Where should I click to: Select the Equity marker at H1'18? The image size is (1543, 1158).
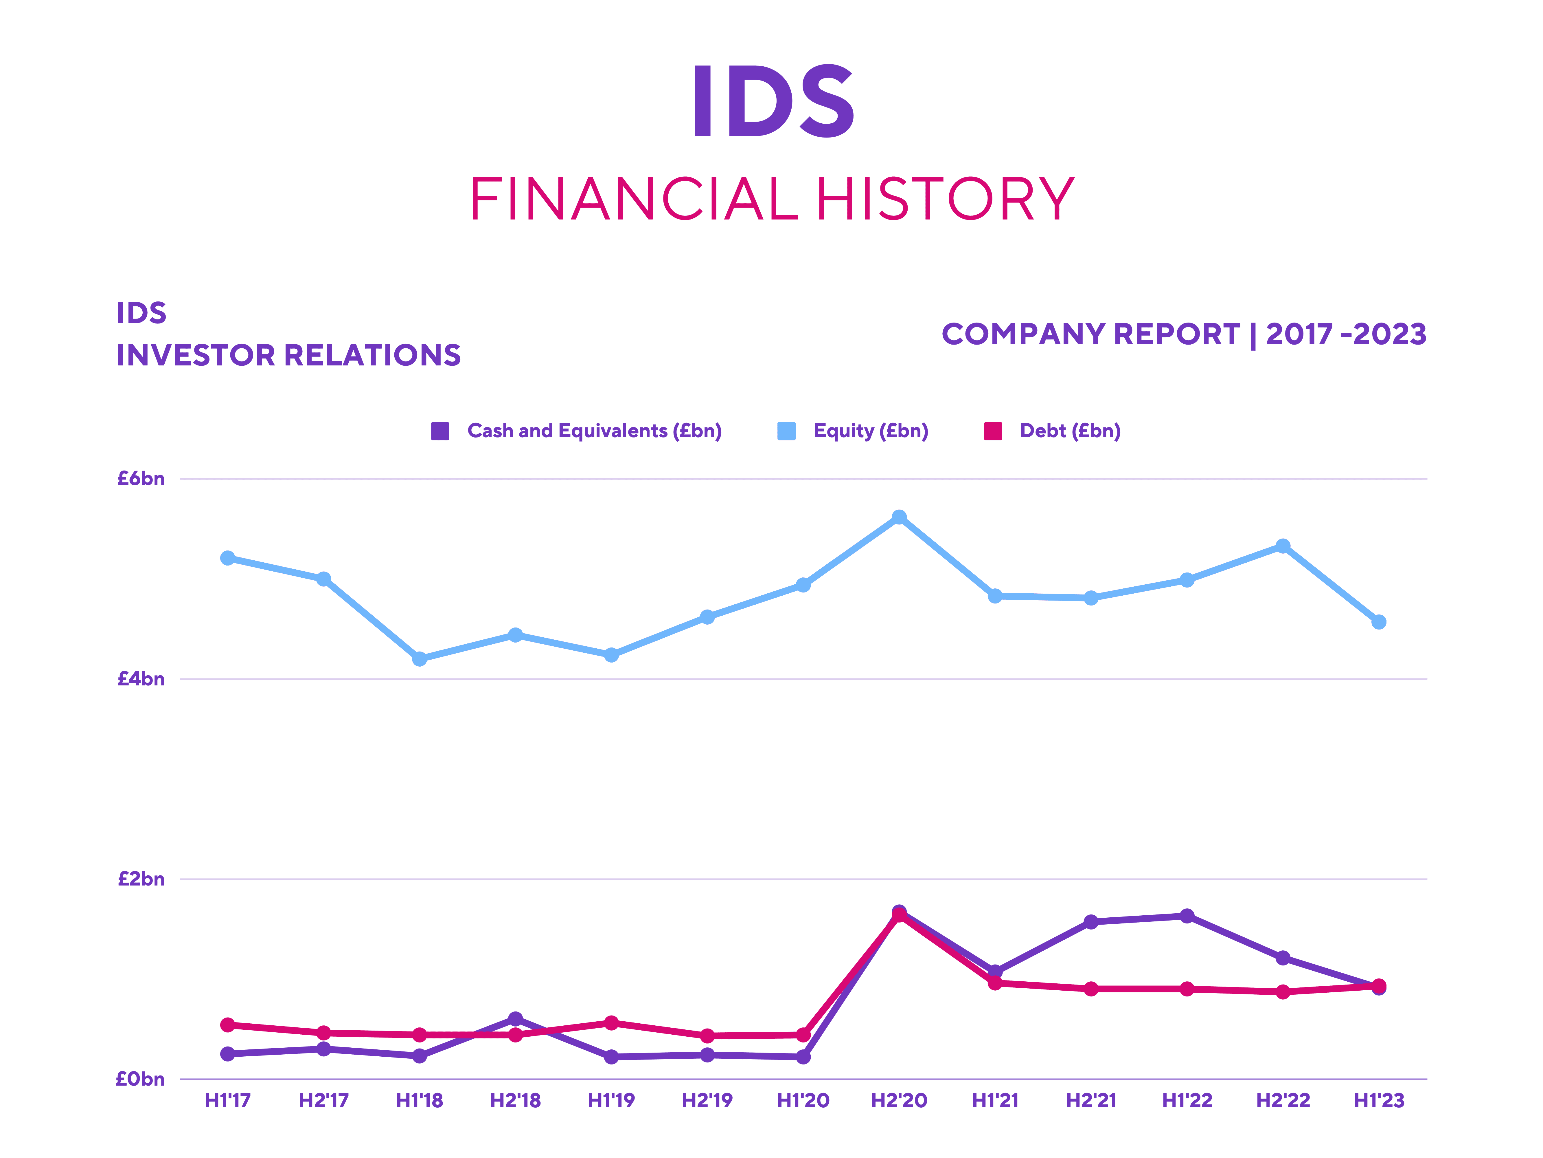(419, 658)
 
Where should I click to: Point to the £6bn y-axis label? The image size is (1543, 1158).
(141, 479)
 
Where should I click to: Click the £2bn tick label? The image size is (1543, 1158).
(141, 879)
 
